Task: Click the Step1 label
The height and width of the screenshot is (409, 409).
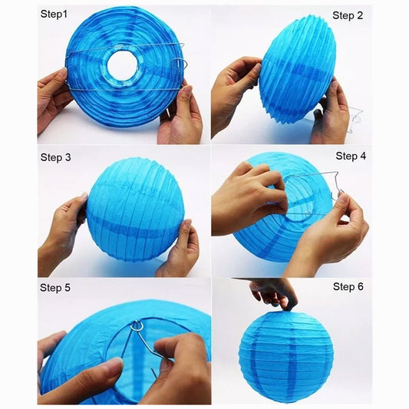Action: [54, 14]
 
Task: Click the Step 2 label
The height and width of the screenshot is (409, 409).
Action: [348, 15]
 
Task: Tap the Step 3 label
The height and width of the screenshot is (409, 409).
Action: [55, 157]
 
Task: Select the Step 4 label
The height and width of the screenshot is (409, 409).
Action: [351, 156]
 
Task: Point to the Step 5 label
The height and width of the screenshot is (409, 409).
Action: [55, 288]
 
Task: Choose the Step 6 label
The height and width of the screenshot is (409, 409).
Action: [348, 287]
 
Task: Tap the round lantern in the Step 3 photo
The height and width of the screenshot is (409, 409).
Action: [135, 209]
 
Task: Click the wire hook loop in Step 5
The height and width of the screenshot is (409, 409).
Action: [137, 326]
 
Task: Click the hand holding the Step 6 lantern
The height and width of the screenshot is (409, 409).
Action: [274, 292]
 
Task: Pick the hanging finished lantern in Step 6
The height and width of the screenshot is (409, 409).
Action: [286, 355]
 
